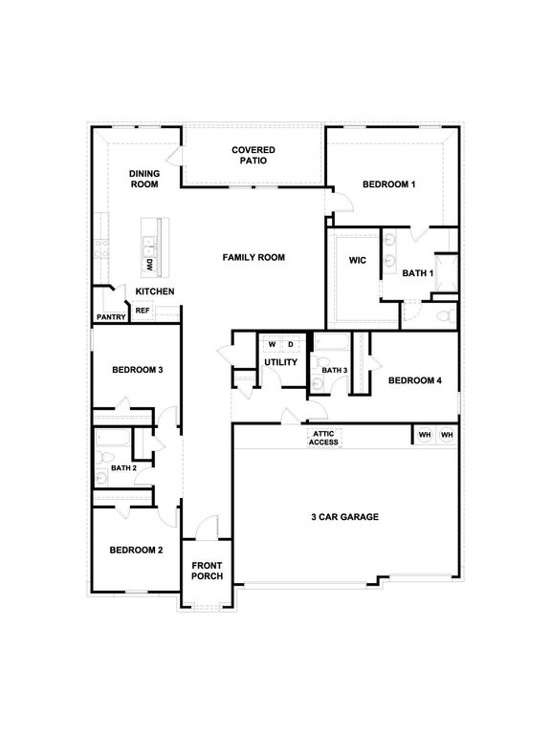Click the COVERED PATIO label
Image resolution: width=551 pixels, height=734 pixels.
(253, 156)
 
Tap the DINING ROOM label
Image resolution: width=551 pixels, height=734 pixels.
(143, 179)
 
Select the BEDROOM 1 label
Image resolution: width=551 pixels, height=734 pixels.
(388, 183)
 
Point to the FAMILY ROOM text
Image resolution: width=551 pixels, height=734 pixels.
(253, 257)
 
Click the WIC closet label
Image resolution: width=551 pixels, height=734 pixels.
(358, 260)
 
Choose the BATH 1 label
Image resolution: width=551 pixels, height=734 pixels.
(418, 273)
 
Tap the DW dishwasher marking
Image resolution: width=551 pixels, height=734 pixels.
(150, 264)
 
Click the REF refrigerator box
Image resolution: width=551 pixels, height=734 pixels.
(143, 311)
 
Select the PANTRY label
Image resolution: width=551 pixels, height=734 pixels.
(111, 317)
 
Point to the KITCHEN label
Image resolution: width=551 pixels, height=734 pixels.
(154, 291)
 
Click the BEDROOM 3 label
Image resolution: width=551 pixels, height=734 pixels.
(135, 369)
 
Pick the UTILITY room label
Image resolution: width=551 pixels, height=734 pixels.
(280, 362)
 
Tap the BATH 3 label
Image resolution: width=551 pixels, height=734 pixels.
(334, 371)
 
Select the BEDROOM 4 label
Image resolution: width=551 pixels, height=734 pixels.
(415, 380)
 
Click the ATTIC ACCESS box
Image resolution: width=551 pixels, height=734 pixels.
(323, 438)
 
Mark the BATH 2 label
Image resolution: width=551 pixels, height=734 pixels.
(123, 468)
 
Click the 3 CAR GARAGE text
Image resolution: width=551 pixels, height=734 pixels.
(344, 517)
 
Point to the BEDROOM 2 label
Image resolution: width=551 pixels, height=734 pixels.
(135, 550)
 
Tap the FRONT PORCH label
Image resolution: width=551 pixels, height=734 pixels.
(207, 571)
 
